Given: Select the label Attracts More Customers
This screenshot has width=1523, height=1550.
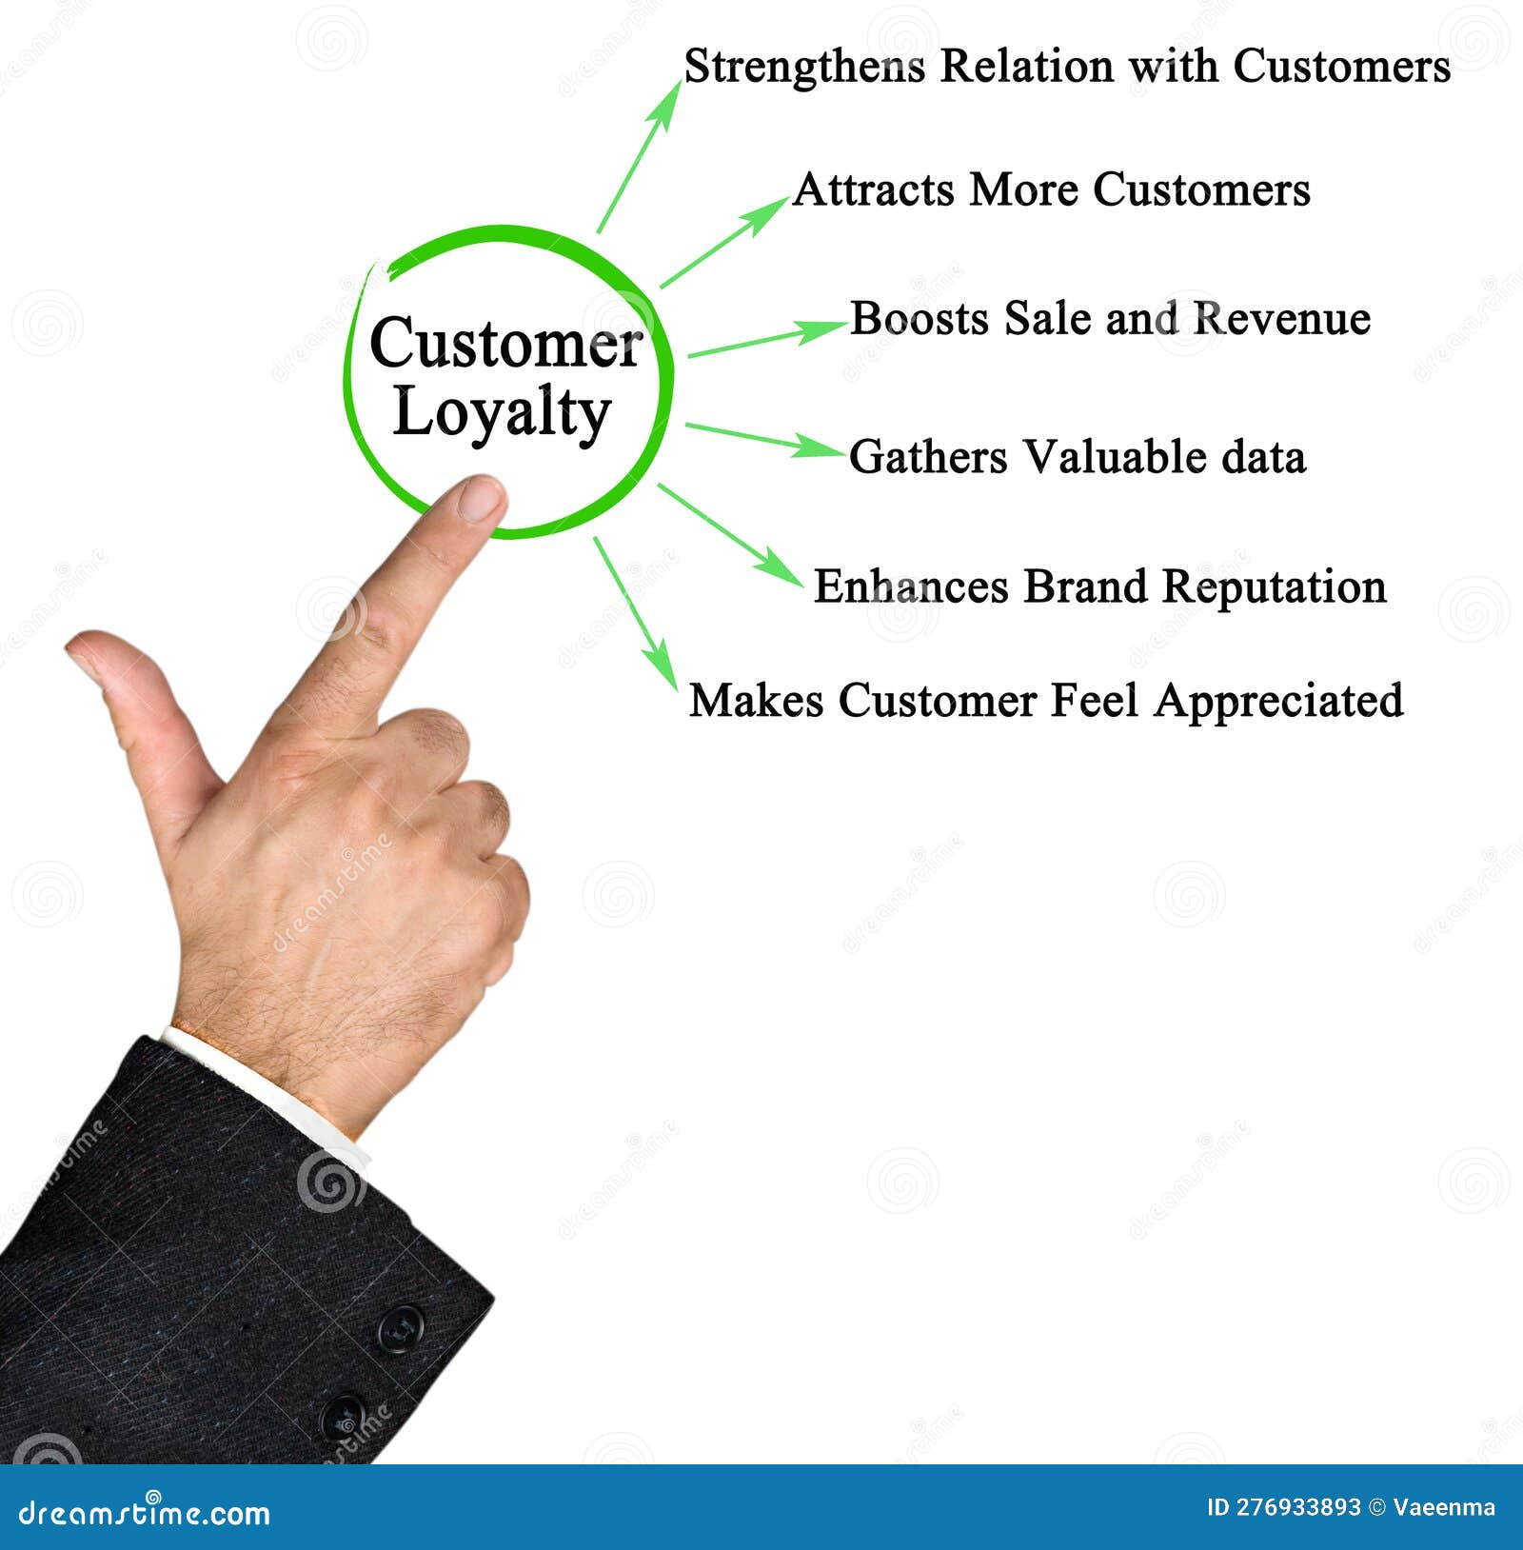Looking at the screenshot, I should tap(1051, 189).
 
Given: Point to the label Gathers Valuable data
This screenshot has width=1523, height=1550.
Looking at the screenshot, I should tap(1077, 457).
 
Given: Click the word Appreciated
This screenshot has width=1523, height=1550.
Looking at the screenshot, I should tap(1278, 701).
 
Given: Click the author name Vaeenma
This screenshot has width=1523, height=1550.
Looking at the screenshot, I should tap(1444, 1507).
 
